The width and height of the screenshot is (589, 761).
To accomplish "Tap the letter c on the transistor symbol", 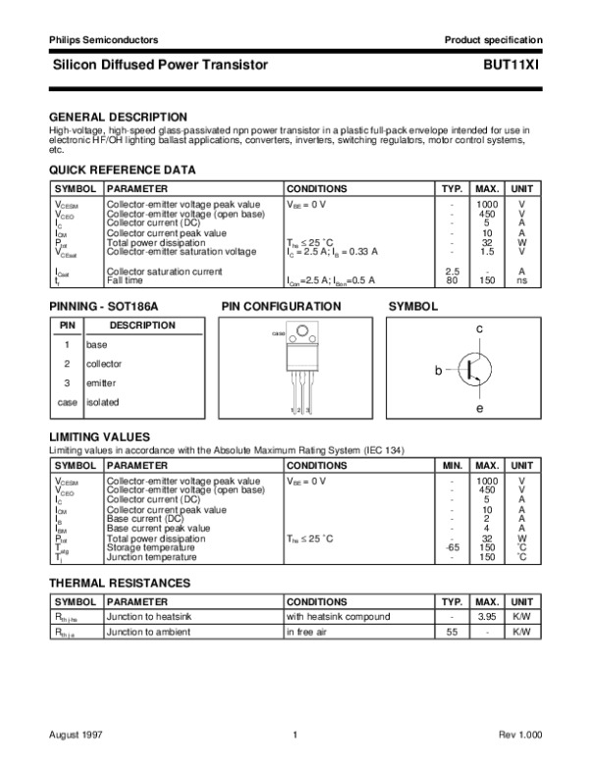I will pyautogui.click(x=479, y=329).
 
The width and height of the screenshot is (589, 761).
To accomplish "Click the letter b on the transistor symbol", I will pyautogui.click(x=440, y=370).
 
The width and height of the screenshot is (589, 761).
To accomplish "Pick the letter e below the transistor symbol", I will pyautogui.click(x=479, y=406).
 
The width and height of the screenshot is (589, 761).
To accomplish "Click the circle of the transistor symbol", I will pyautogui.click(x=475, y=368).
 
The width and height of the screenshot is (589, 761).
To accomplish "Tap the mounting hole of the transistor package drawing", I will pyautogui.click(x=299, y=339).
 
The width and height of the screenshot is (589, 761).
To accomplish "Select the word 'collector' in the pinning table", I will pyautogui.click(x=104, y=364).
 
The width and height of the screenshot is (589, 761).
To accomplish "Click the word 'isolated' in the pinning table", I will pyautogui.click(x=102, y=401).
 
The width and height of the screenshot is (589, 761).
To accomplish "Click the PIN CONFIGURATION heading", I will pyautogui.click(x=281, y=306).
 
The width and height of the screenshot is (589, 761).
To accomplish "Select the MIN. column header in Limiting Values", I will pyautogui.click(x=452, y=465).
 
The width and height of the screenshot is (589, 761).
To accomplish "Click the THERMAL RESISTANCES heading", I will pyautogui.click(x=120, y=583).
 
